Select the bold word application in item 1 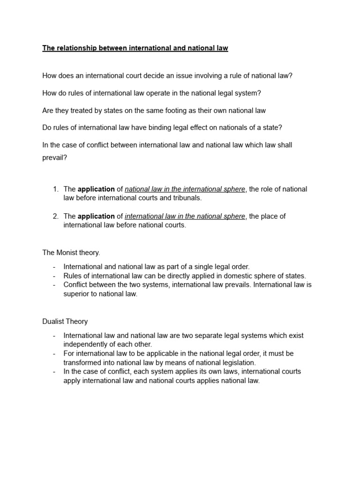[x=96, y=189]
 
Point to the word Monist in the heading [x=67, y=253]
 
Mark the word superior [x=77, y=294]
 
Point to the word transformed [x=82, y=362]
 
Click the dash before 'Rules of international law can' [x=54, y=276]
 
